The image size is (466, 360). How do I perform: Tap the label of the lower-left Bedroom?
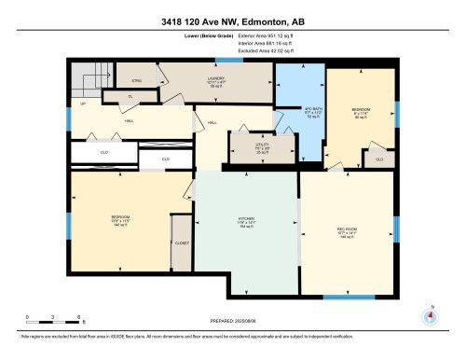[119, 223]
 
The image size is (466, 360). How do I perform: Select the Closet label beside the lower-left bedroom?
[181, 242]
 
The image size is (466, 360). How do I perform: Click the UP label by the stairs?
[83, 104]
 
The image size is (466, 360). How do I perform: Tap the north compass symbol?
[429, 314]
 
